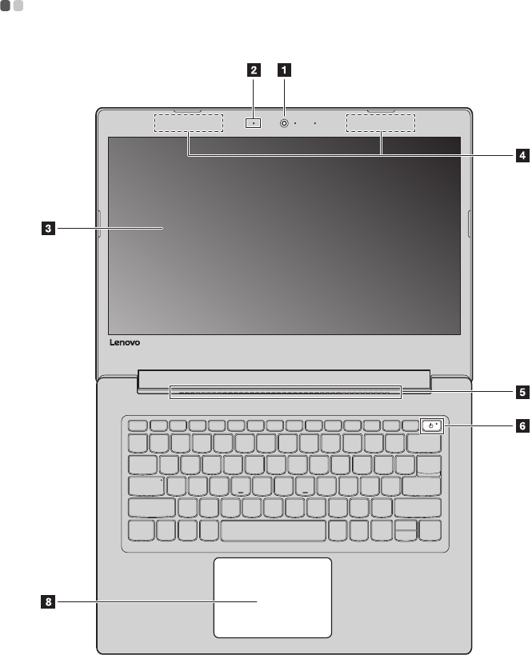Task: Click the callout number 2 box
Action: coord(254,70)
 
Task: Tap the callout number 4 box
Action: coord(521,155)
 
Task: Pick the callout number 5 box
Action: coord(521,393)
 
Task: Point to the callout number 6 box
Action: coord(521,426)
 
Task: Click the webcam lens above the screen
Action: coord(284,124)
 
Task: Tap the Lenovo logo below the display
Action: coord(124,342)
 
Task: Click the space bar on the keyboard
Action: coord(273,531)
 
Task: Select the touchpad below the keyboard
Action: coord(272,597)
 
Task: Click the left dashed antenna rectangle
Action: coord(187,123)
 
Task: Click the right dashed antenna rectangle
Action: coord(381,123)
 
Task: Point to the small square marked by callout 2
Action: coord(254,123)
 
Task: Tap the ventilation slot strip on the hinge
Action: coord(285,392)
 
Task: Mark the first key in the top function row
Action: coord(136,425)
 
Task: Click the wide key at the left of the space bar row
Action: coord(141,531)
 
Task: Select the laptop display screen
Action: coord(283,235)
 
